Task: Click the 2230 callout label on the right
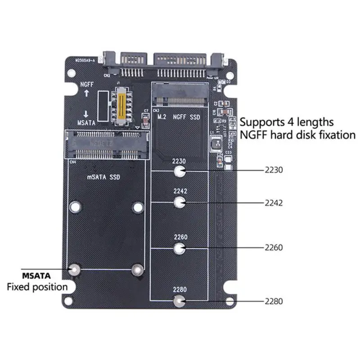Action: point(274,171)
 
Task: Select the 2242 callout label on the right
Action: point(274,203)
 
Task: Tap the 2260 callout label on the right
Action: point(274,247)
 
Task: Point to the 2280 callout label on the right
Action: point(274,301)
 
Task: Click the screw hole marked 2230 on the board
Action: point(180,171)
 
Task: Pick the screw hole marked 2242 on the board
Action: point(180,203)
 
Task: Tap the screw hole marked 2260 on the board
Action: point(180,248)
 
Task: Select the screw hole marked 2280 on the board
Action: point(180,301)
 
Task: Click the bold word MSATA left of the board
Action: point(36,275)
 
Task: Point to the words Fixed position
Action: point(37,287)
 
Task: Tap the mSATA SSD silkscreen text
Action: point(103,177)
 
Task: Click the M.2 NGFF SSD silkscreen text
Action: point(179,117)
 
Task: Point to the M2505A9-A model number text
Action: point(83,60)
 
